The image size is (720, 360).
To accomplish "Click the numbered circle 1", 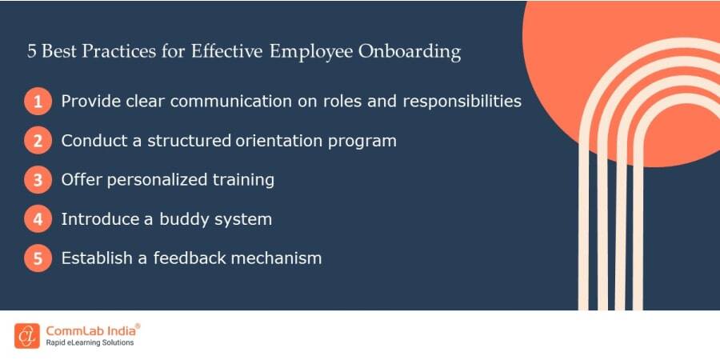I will coord(37,102).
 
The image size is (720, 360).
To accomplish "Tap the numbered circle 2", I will coord(37,142).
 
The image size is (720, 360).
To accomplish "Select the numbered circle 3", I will coord(37,180).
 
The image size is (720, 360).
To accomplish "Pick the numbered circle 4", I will coord(37,219).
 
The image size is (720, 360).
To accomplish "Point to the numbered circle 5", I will coord(37,258).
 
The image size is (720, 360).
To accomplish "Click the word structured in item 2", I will coord(195,142).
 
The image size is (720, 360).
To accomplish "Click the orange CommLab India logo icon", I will coord(27,335).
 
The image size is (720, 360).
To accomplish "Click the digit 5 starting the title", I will coord(31,53).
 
